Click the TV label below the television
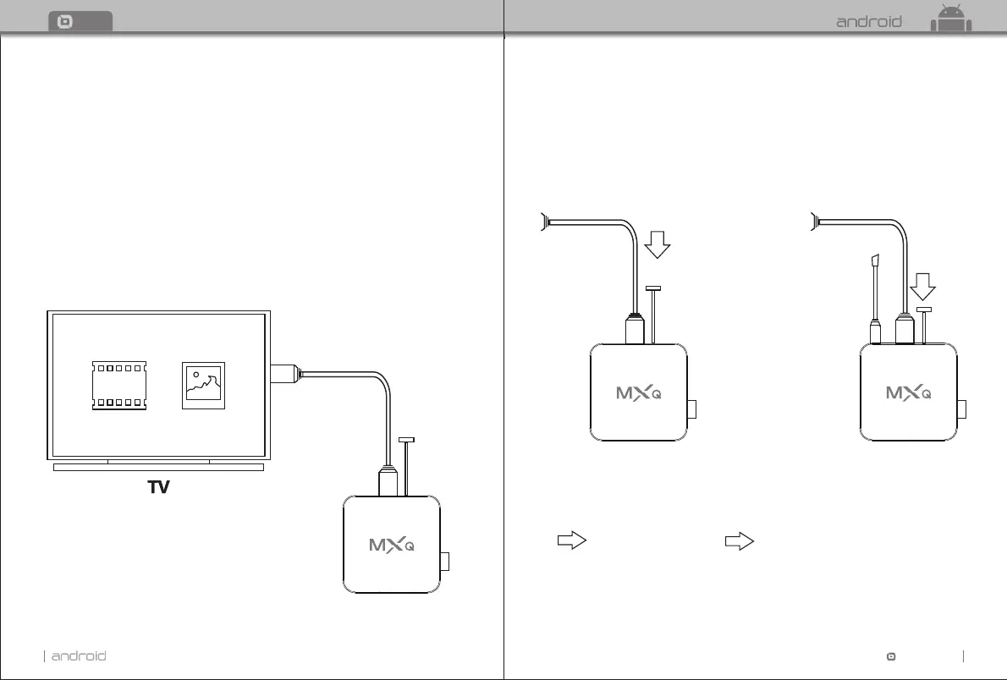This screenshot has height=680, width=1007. [x=158, y=487]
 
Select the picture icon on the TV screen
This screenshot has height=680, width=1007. [x=204, y=387]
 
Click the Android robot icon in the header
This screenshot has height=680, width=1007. [x=951, y=19]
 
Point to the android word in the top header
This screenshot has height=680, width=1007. [x=869, y=22]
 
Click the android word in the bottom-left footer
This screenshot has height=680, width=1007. [x=79, y=655]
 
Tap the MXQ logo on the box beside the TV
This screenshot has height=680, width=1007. [x=392, y=544]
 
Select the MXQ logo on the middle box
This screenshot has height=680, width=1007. [x=638, y=392]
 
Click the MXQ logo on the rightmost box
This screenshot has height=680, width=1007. [x=909, y=392]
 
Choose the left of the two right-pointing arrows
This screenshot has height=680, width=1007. [x=572, y=542]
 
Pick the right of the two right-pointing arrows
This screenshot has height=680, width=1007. [x=740, y=542]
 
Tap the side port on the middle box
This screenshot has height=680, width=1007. [x=692, y=409]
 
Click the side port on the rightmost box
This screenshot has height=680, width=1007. [x=963, y=409]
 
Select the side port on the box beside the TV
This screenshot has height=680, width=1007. [x=446, y=562]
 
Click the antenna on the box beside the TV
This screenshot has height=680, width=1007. [x=407, y=467]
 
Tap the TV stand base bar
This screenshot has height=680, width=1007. [x=158, y=466]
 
